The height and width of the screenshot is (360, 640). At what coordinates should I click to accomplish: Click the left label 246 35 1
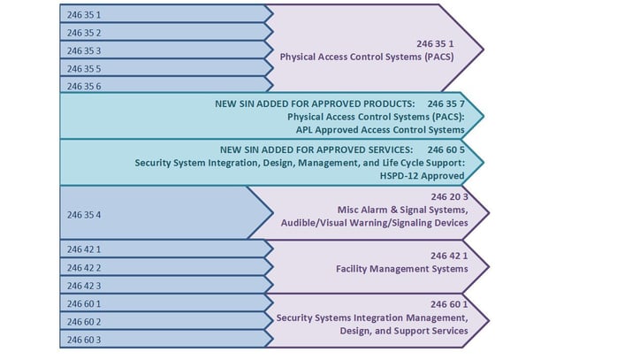[84, 15]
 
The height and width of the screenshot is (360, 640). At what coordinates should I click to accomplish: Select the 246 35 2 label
[84, 33]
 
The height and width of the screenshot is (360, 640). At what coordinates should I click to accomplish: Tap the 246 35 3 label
[84, 51]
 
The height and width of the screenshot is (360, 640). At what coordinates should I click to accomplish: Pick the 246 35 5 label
[84, 69]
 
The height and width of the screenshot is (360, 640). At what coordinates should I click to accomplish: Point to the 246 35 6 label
[84, 87]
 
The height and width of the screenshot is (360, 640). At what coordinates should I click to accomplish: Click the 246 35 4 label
[84, 215]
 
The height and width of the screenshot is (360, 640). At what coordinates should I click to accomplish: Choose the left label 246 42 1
[84, 249]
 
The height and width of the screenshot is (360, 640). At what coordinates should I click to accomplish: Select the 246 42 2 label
[84, 268]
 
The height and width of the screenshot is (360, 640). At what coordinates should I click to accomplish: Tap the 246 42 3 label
[84, 286]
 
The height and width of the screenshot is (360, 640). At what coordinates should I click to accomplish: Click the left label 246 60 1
[84, 304]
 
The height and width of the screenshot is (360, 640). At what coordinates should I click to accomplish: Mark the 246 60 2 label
[84, 322]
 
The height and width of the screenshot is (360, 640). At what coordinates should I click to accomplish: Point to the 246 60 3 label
[84, 340]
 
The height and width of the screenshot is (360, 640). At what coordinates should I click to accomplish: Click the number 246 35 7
[446, 104]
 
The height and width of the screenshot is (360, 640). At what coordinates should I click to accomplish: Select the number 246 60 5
[446, 150]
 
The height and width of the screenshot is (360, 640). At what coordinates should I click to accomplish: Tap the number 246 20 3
[449, 197]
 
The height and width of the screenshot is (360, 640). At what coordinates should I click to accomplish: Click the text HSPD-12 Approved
[422, 176]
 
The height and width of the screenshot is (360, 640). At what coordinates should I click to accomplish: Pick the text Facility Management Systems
[402, 269]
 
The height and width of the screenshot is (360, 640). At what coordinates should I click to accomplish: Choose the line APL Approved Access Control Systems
[380, 130]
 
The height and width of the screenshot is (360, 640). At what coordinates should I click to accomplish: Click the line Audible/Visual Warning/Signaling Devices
[374, 223]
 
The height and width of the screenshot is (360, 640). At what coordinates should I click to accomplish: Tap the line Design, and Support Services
[404, 331]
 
